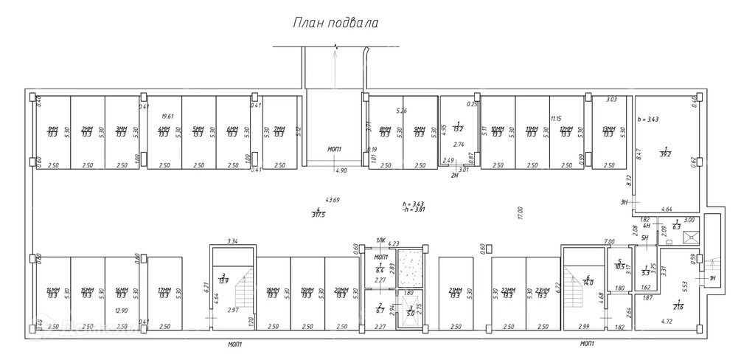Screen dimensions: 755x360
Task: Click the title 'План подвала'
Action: [x=335, y=23]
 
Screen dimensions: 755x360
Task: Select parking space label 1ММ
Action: [x=52, y=132]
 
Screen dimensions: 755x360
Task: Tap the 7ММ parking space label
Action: [x=279, y=132]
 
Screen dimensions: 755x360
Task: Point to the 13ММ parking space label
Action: [x=608, y=132]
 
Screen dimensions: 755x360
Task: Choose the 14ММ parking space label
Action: [x=52, y=293]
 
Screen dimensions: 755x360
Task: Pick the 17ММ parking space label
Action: [x=164, y=293]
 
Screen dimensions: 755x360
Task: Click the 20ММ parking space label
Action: [x=341, y=293]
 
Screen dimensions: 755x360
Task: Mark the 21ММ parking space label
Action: [x=455, y=293]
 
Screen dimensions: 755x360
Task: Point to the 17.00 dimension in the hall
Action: [x=520, y=213]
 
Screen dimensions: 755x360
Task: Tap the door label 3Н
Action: [x=624, y=201]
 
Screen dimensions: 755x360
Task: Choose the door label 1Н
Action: [x=712, y=278]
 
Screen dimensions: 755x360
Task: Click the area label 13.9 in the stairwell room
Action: [x=223, y=280]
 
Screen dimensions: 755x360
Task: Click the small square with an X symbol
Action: [x=691, y=237]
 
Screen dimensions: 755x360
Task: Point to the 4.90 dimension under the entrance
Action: [x=341, y=170]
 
